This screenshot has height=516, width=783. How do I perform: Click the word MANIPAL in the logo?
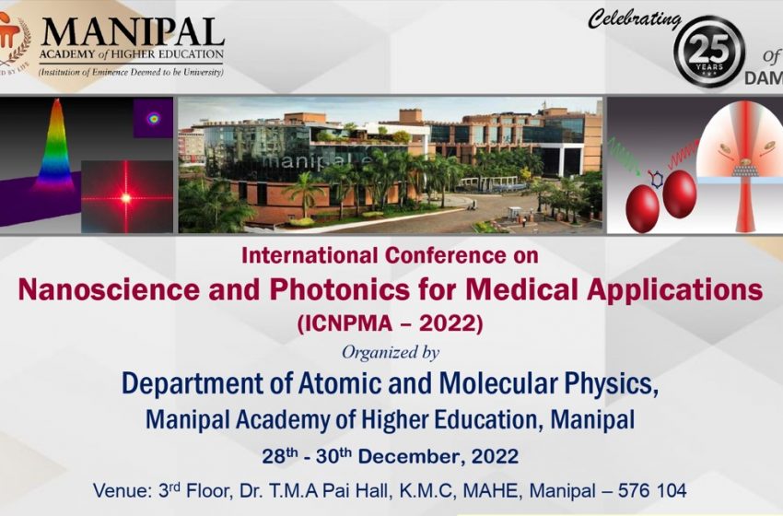coord(133,32)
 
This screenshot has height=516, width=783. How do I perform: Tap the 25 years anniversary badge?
coord(709,52)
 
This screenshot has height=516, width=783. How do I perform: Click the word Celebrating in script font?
coord(635,20)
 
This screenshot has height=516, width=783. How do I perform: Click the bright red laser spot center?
coord(126,198)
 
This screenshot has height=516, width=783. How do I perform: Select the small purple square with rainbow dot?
coord(153,118)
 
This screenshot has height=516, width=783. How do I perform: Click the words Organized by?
coord(391,353)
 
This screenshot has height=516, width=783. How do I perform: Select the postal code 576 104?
coord(652,490)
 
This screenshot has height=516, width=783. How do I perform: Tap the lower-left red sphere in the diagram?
coord(642,209)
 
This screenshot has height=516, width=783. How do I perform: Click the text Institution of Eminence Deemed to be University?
coord(132,73)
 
